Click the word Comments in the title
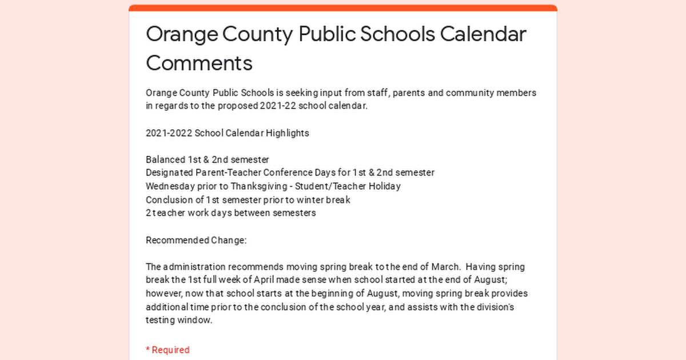pos(199,62)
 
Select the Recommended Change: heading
pos(196,240)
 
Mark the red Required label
pos(167,350)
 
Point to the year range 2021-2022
pos(169,133)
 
